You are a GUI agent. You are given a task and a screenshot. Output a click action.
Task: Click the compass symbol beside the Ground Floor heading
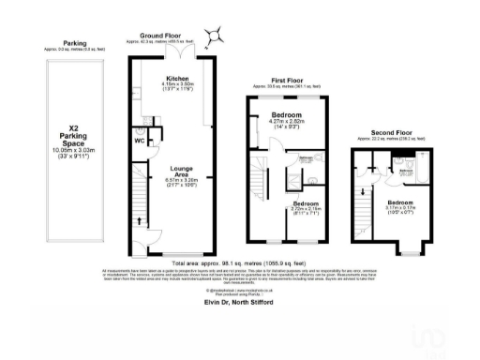[217, 37]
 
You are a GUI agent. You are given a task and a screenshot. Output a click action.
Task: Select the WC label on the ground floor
[139, 142]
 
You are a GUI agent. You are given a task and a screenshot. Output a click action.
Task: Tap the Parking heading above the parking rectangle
[74, 43]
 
